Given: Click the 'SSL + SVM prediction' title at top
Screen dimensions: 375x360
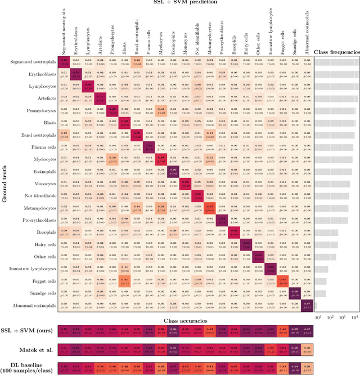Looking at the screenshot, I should tap(186, 3).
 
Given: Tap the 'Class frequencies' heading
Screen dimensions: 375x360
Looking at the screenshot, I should tap(337, 52).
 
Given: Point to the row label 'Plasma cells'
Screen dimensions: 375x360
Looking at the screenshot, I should tap(42, 147).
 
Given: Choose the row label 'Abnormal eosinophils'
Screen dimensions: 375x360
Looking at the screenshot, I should tap(33, 305).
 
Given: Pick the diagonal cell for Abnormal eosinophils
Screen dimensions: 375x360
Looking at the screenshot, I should tap(307, 305).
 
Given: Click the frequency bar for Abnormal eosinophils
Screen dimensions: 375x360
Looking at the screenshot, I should tap(316, 305).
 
